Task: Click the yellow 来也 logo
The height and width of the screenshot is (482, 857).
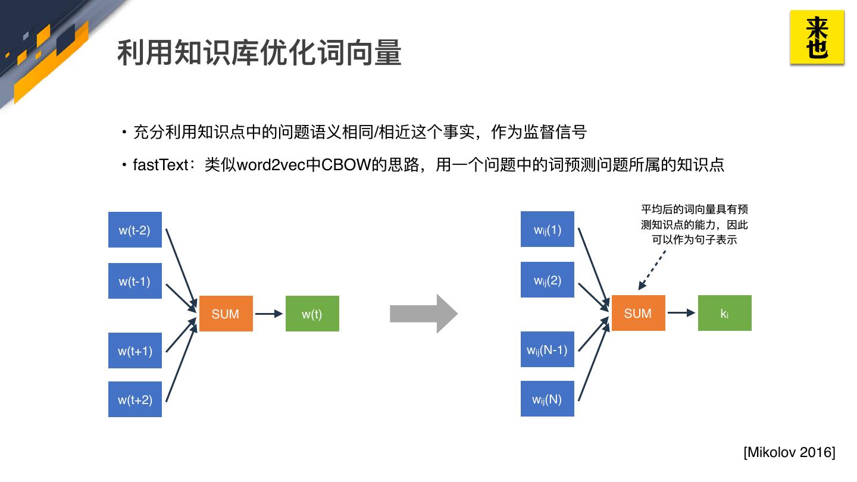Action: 817,37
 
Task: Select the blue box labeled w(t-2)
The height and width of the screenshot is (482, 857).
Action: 135,230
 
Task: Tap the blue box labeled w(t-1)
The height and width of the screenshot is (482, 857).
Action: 135,281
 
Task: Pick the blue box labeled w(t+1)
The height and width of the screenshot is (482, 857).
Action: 135,350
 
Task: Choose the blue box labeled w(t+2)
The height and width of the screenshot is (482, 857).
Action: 135,399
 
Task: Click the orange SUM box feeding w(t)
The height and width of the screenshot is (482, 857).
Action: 226,313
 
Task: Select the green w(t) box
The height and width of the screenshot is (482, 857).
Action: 312,313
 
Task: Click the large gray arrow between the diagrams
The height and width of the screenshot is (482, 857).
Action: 424,314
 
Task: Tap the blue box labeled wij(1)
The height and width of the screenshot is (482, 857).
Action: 548,229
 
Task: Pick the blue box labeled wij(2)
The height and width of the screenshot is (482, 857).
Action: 548,280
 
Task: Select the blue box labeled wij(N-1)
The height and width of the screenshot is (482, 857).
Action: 548,349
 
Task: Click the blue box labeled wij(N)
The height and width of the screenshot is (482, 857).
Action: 548,399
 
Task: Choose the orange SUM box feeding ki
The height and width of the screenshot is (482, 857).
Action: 639,313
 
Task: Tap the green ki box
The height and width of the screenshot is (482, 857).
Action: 725,313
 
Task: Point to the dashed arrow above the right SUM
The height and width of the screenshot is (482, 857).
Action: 652,270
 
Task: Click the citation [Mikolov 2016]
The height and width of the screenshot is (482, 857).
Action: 789,452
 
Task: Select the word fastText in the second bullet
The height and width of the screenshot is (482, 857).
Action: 161,165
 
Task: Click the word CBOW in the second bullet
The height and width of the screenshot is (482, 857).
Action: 346,165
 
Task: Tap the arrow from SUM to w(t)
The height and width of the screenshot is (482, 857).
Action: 269,314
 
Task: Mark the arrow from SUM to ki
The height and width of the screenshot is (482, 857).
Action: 681,313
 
